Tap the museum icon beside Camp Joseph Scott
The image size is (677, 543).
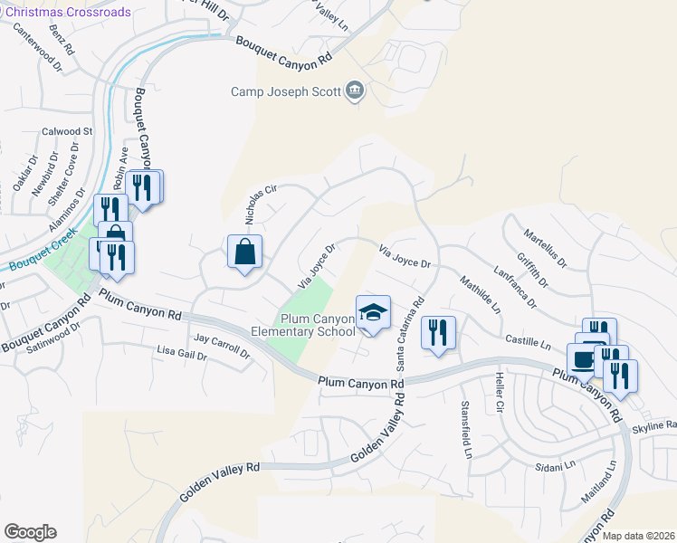click(x=354, y=90)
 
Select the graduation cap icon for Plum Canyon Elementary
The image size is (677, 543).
click(x=372, y=313)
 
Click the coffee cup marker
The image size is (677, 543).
click(x=584, y=357)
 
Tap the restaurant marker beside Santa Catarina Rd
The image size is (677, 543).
click(x=438, y=333)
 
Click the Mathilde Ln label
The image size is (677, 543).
click(x=482, y=294)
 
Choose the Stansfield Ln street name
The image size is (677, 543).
click(x=466, y=429)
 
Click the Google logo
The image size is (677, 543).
click(x=30, y=531)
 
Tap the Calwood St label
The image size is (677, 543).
click(x=67, y=131)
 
